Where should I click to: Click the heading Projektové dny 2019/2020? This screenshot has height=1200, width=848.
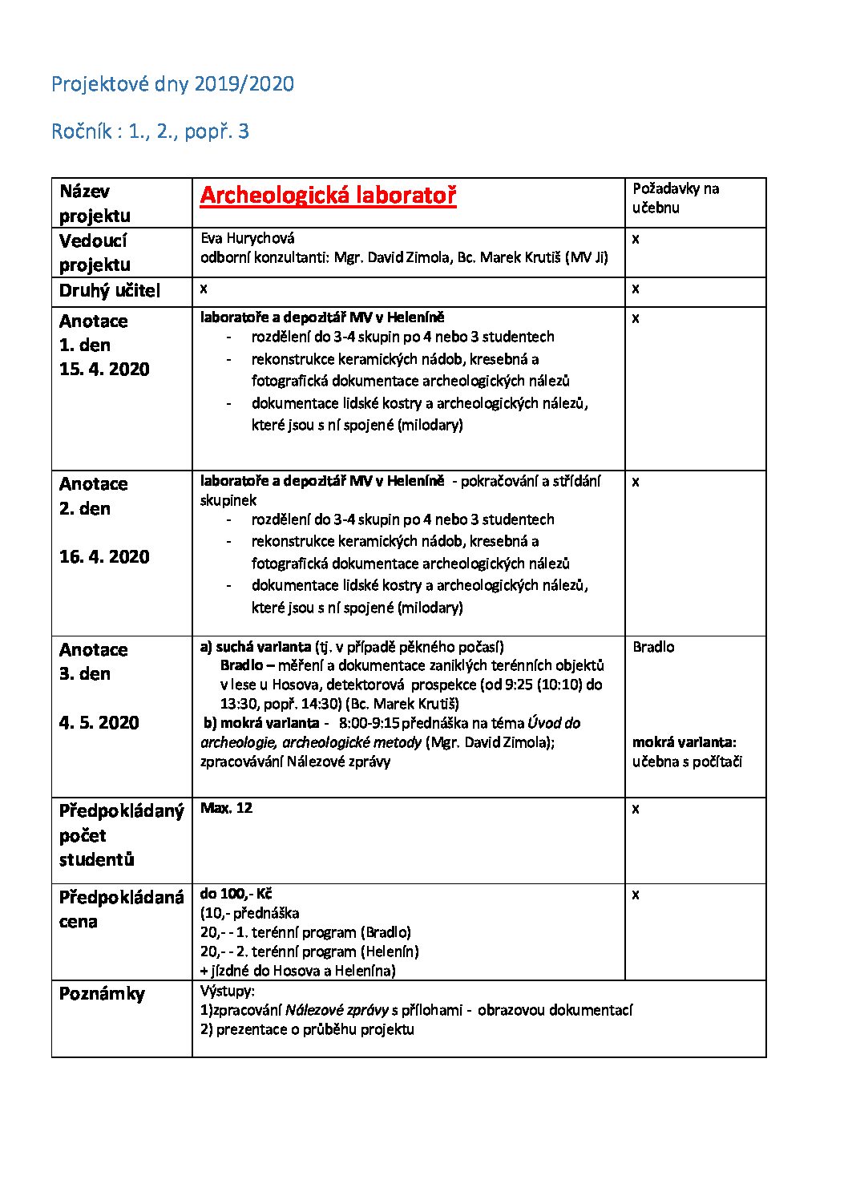click(172, 84)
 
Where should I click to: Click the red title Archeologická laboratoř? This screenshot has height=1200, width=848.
click(328, 196)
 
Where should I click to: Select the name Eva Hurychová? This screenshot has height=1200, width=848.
click(247, 238)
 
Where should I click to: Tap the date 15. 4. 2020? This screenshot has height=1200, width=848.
click(104, 370)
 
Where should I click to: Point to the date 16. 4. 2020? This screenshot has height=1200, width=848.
click(104, 557)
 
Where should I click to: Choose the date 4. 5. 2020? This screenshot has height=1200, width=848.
click(99, 723)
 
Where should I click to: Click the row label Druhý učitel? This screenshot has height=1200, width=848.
click(110, 291)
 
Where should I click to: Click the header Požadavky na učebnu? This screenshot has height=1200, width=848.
click(676, 198)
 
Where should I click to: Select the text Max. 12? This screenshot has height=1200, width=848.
click(226, 808)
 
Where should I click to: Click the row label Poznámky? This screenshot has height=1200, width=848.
click(102, 994)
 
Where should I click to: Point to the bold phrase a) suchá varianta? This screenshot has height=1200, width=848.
click(256, 647)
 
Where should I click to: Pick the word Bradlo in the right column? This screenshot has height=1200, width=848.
click(653, 647)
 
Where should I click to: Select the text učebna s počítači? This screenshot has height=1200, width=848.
click(687, 762)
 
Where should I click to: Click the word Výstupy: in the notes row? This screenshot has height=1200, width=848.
click(227, 991)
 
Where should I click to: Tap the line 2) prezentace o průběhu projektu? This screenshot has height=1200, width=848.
click(307, 1029)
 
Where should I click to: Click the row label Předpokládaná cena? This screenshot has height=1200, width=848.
click(121, 909)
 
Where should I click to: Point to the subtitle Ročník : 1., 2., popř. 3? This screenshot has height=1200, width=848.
click(150, 131)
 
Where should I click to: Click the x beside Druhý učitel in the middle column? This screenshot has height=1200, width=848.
click(204, 288)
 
